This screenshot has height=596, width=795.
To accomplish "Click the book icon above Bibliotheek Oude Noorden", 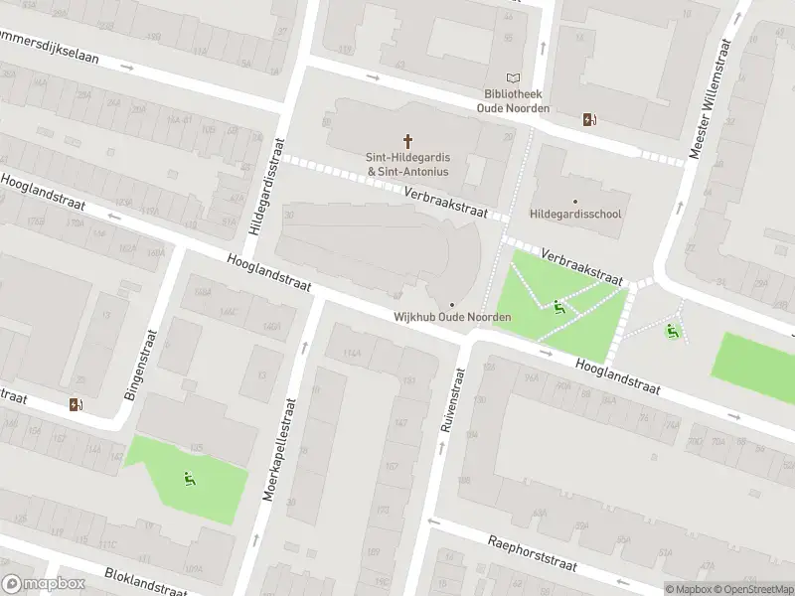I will coord(513,78).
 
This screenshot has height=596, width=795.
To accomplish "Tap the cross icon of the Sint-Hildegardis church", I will coord(407,141).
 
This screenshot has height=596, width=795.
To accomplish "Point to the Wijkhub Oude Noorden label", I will coord(452,317).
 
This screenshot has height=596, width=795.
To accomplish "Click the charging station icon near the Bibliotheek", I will coord(590,120).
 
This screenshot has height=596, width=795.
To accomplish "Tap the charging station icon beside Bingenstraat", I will coord(77,404).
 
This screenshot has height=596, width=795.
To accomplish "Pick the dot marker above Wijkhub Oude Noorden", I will coord(452,304).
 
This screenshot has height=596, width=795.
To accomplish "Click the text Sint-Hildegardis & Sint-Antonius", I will coord(407,164).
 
